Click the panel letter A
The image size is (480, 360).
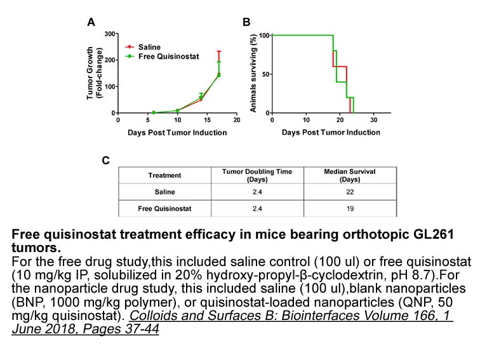click(x=91, y=22)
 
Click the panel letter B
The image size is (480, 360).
click(x=247, y=22)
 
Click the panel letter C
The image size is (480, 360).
click(x=106, y=161)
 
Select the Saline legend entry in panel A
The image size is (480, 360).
click(x=149, y=47)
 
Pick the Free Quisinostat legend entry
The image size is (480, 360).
click(x=168, y=56)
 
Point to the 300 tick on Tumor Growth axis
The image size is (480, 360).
click(x=109, y=34)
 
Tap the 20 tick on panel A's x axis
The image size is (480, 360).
click(x=236, y=119)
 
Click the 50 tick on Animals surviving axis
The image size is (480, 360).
click(x=265, y=74)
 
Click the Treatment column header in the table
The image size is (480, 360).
click(x=164, y=175)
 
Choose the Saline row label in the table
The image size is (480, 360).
click(x=164, y=192)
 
